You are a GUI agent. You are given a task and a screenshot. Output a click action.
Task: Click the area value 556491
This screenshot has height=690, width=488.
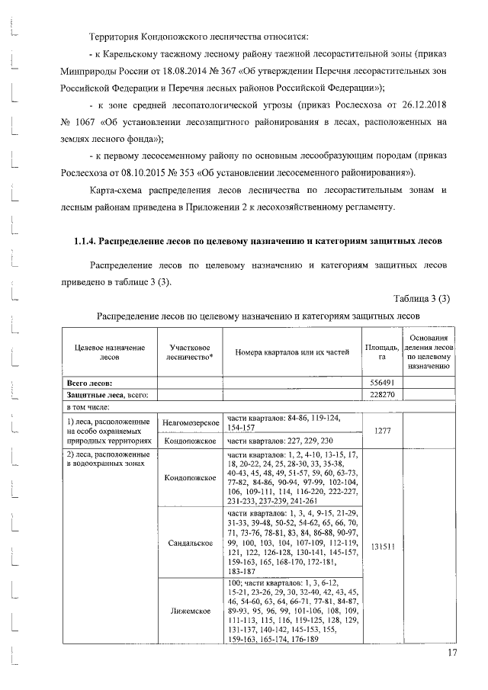click(x=381, y=382)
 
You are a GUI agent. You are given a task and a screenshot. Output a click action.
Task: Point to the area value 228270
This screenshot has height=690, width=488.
click(x=381, y=394)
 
